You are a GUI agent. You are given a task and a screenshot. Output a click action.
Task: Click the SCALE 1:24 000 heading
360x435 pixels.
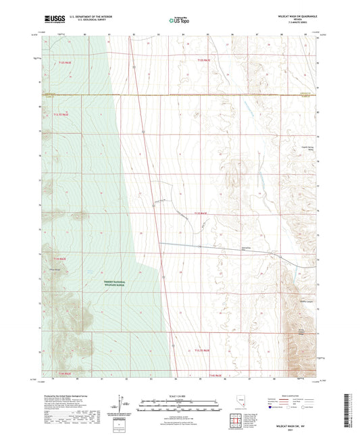pyautogui.click(x=179, y=394)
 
